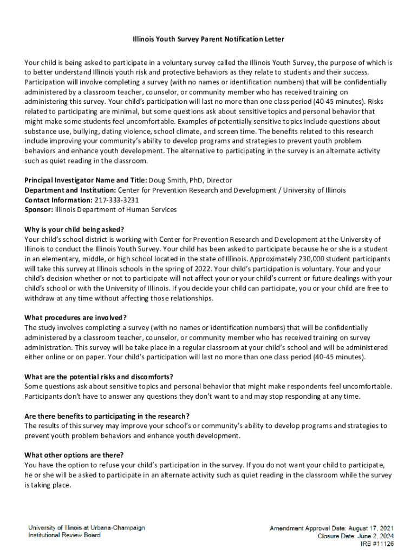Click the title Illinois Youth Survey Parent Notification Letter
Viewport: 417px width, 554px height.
coord(208,39)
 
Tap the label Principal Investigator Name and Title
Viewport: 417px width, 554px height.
coord(85,180)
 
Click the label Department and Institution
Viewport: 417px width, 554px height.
coord(70,190)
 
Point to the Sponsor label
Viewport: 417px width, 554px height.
coord(38,209)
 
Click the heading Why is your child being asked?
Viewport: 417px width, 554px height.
coord(74,229)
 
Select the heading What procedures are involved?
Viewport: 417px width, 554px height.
coord(75,318)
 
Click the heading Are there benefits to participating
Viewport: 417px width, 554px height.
coord(107,416)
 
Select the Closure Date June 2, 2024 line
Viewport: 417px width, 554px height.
coord(355,536)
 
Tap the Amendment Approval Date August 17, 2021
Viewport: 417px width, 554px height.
coord(331,527)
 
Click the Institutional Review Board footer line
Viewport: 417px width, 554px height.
coord(64,535)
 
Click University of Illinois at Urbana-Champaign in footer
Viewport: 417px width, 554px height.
coord(87,527)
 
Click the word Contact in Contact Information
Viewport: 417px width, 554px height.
coord(38,200)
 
